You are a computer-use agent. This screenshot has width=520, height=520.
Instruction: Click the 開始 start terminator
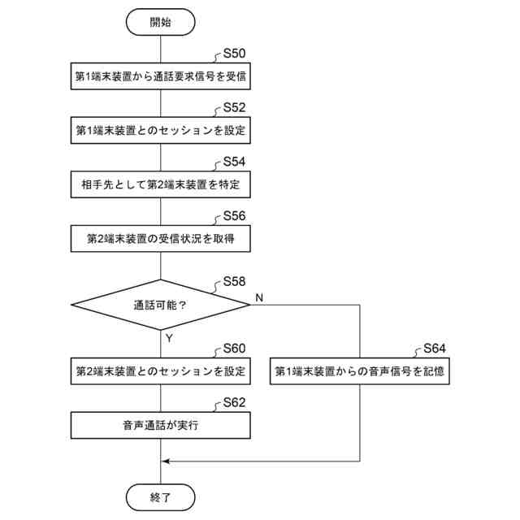click(x=161, y=23)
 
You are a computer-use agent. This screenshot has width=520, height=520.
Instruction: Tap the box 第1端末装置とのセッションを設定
click(x=161, y=130)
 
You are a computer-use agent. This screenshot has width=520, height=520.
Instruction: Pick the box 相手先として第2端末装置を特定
click(x=161, y=184)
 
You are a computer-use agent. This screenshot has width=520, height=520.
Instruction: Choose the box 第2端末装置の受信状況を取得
click(x=161, y=239)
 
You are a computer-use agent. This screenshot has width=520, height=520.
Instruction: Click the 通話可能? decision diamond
click(x=161, y=305)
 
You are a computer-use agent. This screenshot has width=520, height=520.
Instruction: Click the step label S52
click(x=234, y=107)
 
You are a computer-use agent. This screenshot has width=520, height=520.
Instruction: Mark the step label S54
click(x=234, y=162)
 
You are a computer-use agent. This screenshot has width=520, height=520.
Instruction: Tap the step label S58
click(x=234, y=283)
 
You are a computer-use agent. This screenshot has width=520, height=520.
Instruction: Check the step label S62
click(x=234, y=402)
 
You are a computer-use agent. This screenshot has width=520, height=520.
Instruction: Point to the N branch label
click(x=259, y=298)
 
